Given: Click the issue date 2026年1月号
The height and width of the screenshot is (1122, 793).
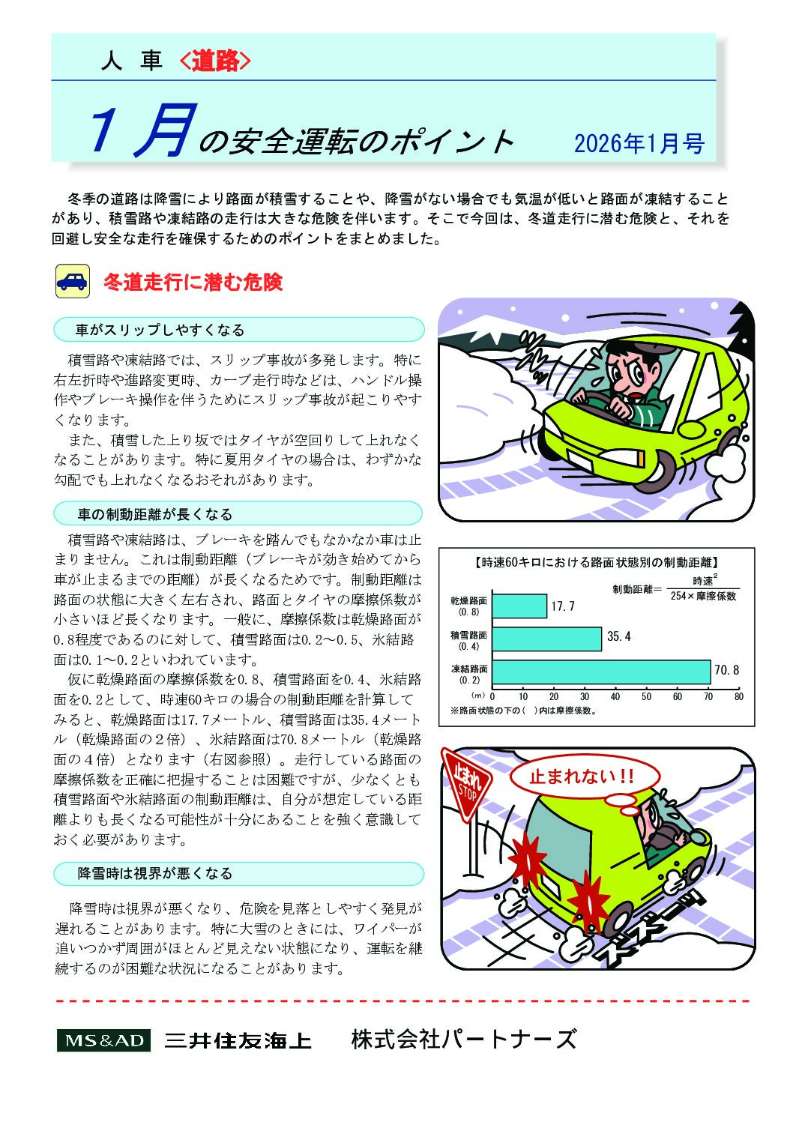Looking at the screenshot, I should click(x=639, y=143).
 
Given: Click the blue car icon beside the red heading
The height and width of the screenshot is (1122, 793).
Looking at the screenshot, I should click(x=73, y=282).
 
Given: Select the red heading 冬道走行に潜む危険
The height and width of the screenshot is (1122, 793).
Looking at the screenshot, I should click(x=193, y=283).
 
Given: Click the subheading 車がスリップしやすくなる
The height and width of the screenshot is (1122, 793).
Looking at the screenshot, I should click(x=160, y=330).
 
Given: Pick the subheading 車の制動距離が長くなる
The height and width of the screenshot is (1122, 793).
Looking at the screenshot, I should click(x=155, y=514).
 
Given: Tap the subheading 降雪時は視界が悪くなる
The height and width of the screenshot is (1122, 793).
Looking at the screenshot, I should click(x=155, y=873).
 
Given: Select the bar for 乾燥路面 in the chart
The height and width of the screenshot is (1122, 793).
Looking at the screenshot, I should click(x=519, y=606).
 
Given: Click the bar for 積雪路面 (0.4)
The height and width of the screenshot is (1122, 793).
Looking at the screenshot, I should click(x=547, y=639).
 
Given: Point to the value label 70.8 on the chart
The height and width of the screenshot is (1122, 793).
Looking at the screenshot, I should click(x=726, y=670).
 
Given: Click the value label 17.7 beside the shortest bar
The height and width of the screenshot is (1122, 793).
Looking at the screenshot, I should click(x=563, y=606).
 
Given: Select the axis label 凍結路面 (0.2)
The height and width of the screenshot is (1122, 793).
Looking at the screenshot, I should click(x=469, y=673).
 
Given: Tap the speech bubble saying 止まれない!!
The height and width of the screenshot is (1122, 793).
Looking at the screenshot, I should click(x=582, y=776).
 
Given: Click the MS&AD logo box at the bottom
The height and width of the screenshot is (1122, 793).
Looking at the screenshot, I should click(x=103, y=1040).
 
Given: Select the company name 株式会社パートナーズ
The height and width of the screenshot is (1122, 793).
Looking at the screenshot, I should click(x=464, y=1040).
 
